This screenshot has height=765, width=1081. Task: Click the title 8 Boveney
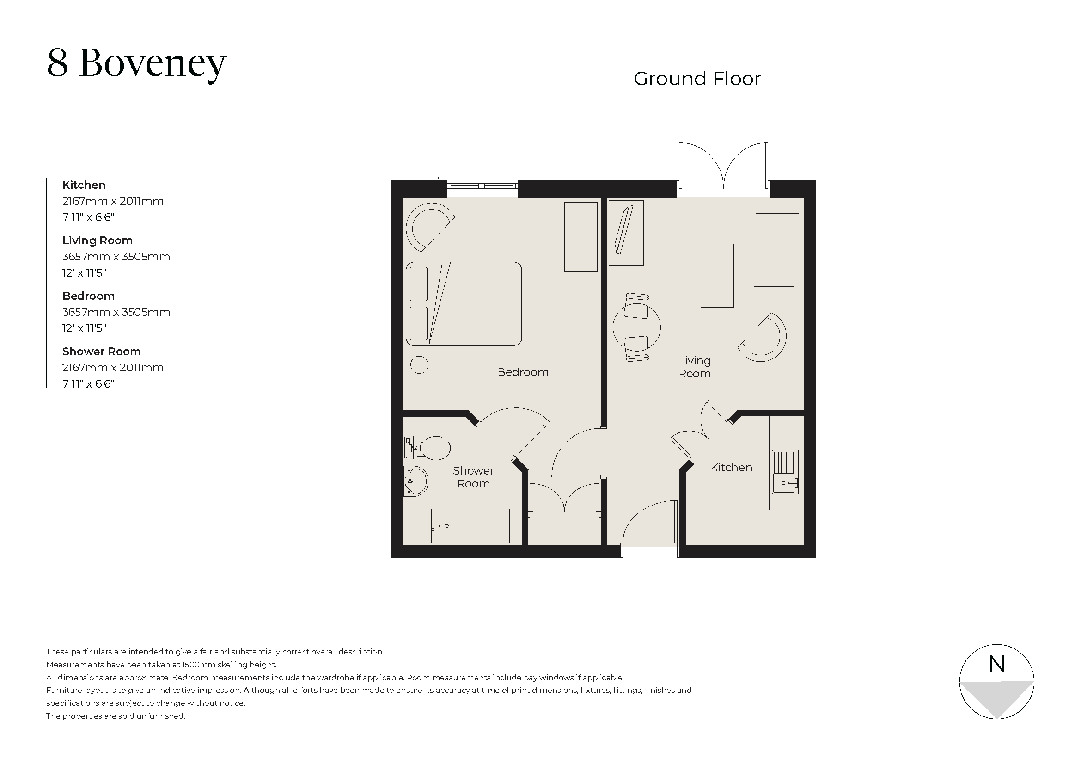coord(136,63)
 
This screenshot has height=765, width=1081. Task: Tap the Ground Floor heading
coord(696,79)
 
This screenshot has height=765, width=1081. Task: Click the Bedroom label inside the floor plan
coord(523,372)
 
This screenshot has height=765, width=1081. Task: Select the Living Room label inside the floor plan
coord(695,367)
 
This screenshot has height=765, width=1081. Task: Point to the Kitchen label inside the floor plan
coord(731,467)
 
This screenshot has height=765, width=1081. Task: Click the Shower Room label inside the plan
coord(473,477)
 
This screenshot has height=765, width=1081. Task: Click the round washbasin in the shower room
coord(415,481)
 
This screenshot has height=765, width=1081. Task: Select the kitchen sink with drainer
coord(785,472)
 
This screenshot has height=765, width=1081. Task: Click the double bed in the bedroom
coord(464,304)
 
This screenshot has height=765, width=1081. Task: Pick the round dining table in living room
coord(636,327)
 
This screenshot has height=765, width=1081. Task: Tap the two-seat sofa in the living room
coord(776,252)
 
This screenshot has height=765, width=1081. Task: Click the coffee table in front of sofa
coord(717,276)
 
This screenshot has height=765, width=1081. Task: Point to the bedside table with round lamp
coord(419,364)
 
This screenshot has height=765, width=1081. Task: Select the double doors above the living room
coord(723,170)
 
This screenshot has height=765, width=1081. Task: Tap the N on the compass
coord(997,664)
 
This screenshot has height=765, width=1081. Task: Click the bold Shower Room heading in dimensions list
coord(102,352)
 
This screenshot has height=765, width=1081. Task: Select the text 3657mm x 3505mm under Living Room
coord(116,257)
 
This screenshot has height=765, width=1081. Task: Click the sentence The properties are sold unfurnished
coord(116,716)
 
